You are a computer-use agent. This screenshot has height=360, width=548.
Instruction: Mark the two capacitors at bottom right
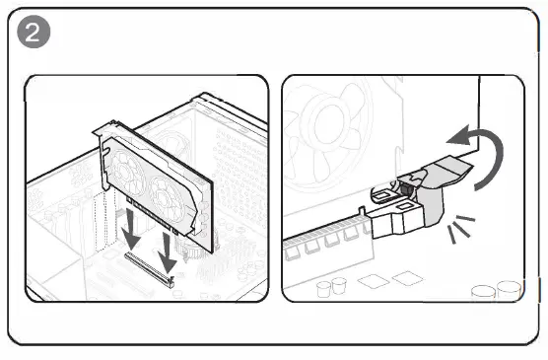tap(497, 290)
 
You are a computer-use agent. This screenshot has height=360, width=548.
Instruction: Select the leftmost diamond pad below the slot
tap(373, 281)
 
